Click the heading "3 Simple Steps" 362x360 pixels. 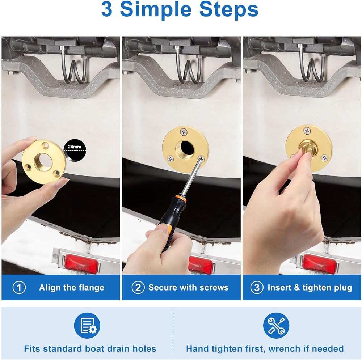(180, 9)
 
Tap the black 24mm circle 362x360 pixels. (75, 149)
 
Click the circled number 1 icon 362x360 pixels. (19, 288)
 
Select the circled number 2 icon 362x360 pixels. (138, 288)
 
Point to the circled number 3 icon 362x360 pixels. (257, 288)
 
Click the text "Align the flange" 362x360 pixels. (72, 288)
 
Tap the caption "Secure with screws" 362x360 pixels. (188, 288)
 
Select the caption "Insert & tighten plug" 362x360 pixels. (310, 288)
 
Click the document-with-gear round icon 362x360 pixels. (87, 325)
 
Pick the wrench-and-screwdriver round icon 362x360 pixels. (276, 325)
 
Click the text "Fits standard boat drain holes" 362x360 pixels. (90, 348)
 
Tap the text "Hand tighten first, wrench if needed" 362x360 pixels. (265, 348)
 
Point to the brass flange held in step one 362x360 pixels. (44, 162)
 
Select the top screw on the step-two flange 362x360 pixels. (184, 132)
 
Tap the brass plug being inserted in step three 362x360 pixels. (307, 148)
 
